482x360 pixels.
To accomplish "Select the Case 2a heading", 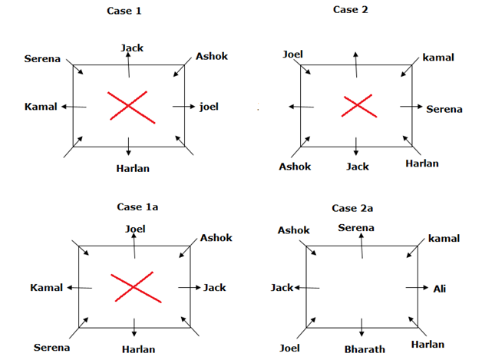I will (353, 208).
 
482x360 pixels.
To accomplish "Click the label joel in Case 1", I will (209, 106).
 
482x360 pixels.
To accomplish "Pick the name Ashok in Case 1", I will (212, 56).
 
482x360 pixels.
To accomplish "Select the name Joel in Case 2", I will (292, 54).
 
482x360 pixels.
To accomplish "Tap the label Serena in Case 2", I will (444, 109).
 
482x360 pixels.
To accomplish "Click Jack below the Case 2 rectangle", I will (358, 166).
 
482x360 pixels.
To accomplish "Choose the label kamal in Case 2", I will (438, 58).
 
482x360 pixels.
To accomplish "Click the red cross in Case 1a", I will (134, 287).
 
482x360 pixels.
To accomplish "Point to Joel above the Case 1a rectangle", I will (135, 228).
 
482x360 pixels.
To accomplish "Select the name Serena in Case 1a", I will (52, 348).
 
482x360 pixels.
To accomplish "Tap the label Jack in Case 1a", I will (215, 287).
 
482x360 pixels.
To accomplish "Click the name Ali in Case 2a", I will (439, 289).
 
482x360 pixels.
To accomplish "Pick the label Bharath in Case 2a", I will (365, 349).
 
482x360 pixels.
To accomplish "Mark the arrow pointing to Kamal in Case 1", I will (74, 106).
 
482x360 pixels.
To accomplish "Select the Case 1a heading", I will (136, 208).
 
